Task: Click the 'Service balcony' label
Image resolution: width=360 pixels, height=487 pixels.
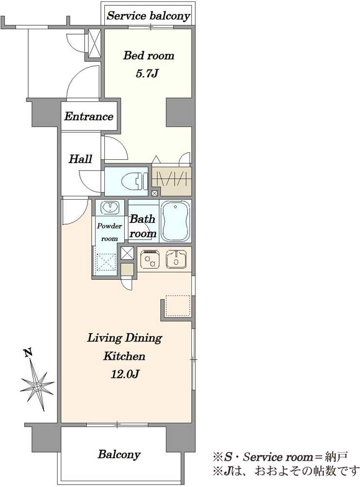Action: (x=148, y=16)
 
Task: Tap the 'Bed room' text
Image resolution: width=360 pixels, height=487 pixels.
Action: (x=149, y=56)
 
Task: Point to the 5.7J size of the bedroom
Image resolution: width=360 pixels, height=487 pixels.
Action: (x=147, y=74)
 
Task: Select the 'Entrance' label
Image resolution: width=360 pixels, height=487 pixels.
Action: (x=89, y=116)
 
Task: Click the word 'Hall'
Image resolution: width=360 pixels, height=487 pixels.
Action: (x=80, y=159)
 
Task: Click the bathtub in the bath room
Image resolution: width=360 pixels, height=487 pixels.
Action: (x=175, y=221)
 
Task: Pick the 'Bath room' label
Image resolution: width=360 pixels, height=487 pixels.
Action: (x=142, y=226)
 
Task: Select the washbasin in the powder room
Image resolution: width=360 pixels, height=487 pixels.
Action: (x=110, y=207)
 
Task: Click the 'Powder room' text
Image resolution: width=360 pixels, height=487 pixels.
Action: (x=109, y=232)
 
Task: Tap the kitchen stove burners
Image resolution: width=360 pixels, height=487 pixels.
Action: (x=150, y=259)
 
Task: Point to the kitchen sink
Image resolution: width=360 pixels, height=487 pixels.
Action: (x=176, y=259)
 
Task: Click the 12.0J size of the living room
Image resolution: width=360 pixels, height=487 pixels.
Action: (x=125, y=374)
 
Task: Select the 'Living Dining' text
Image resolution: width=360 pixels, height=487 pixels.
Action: (x=125, y=338)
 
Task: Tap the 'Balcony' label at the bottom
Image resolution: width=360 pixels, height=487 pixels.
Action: (x=119, y=455)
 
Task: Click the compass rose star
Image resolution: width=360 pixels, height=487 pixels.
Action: (x=38, y=386)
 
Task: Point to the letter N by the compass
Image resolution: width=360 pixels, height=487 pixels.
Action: (x=28, y=353)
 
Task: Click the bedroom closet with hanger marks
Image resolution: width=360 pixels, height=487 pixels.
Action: (x=171, y=181)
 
